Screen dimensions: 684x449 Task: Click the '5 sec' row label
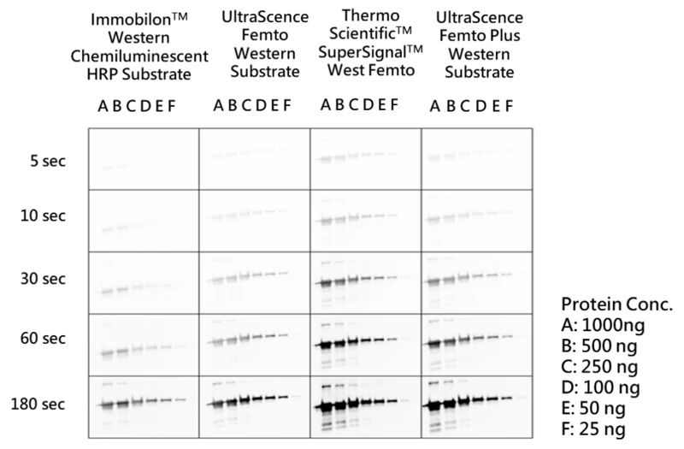point(48,161)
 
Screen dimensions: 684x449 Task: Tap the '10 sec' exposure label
point(43,216)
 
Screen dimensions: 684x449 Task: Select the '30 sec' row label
point(43,279)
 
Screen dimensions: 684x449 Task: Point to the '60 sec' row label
point(43,338)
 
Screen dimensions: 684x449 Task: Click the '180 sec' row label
point(38,404)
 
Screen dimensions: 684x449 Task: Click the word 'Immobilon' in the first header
point(131,19)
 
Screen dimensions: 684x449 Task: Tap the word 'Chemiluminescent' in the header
point(139,56)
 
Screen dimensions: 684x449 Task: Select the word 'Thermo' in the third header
point(371,15)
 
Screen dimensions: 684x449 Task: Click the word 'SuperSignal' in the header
point(365,52)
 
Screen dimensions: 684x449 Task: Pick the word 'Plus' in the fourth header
point(504,35)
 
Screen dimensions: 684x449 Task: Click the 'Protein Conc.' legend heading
point(616,304)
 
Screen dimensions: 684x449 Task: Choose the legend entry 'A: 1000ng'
point(603,325)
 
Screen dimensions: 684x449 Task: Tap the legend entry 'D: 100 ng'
point(601,387)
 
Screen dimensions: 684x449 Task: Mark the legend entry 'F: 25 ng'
point(593,429)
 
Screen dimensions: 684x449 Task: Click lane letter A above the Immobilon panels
point(103,106)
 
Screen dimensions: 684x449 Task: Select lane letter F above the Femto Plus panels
point(509,106)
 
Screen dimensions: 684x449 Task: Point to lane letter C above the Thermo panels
point(354,104)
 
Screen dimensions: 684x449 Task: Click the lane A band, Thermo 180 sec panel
point(325,407)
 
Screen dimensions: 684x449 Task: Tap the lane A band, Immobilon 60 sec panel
point(108,353)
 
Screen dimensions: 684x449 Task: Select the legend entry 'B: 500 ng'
point(599,346)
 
